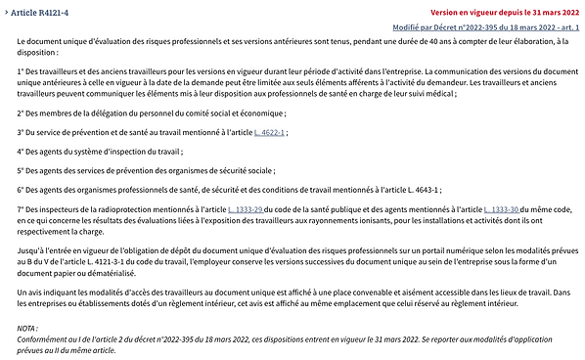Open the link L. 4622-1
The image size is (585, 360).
(x=269, y=131)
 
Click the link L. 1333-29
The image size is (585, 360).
(x=245, y=209)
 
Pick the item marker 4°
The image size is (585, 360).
(x=22, y=151)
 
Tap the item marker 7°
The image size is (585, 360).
(x=22, y=209)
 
